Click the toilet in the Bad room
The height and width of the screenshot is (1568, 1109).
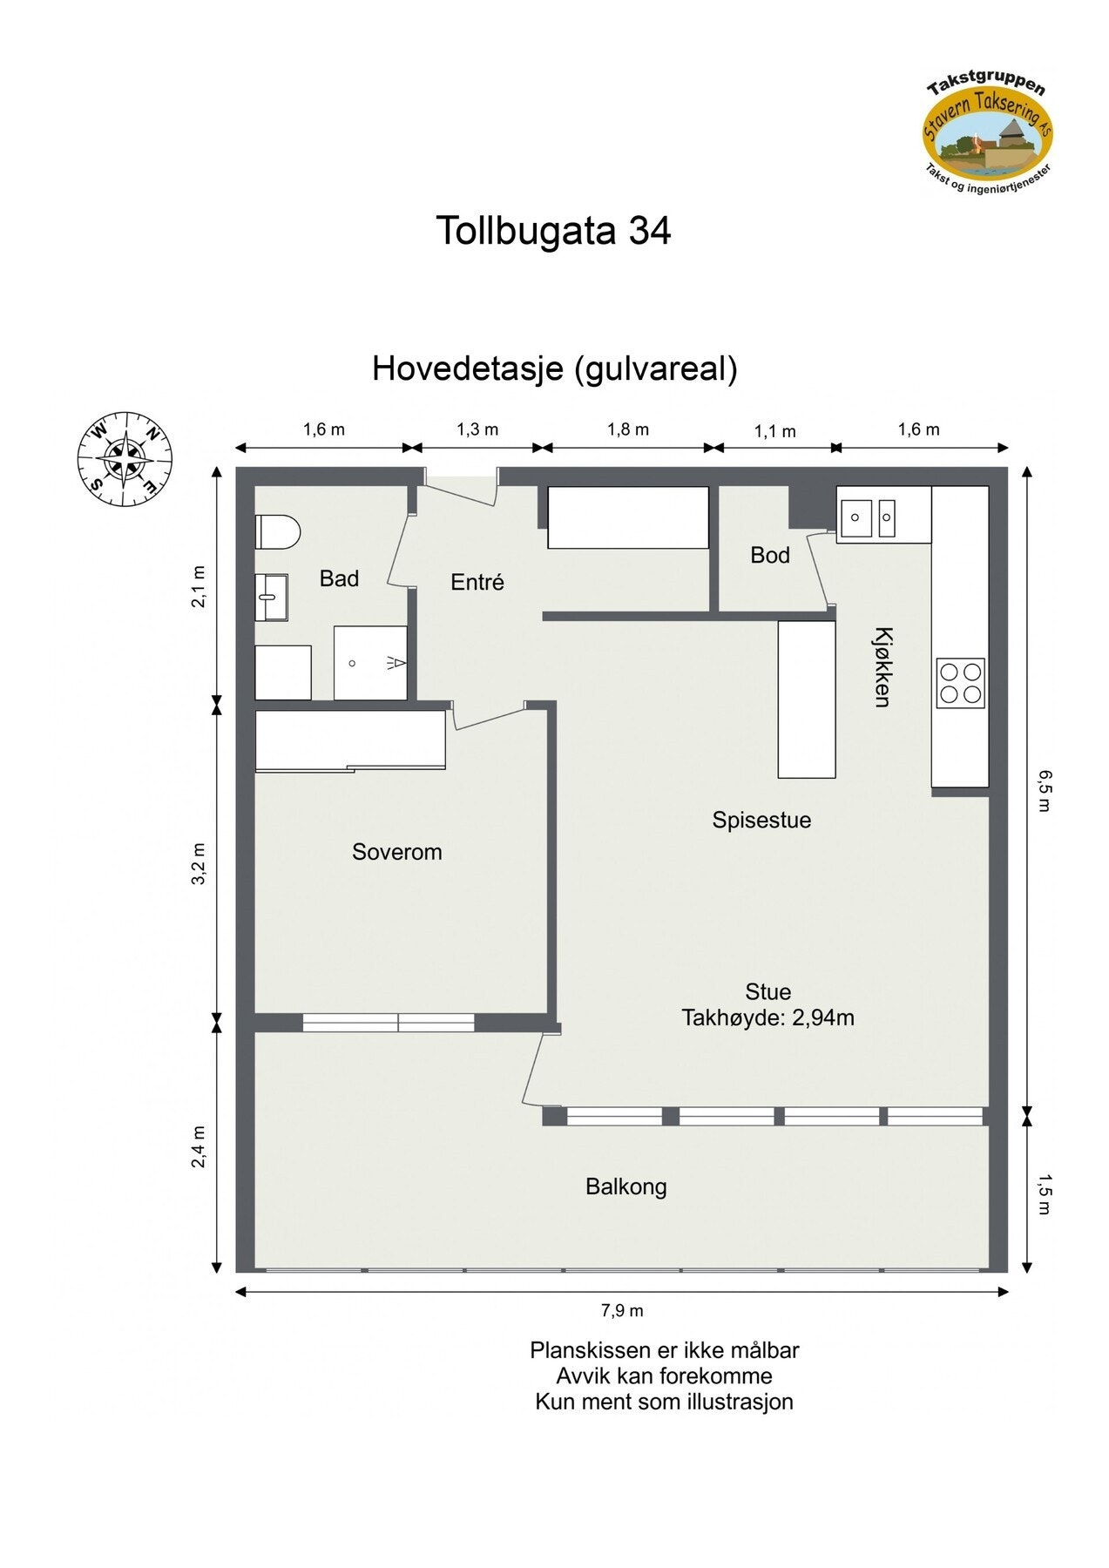pyautogui.click(x=278, y=531)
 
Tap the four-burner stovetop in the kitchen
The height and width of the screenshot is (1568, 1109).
pyautogui.click(x=960, y=683)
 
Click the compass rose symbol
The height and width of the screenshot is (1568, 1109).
pyautogui.click(x=125, y=459)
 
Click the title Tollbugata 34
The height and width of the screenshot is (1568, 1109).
pyautogui.click(x=553, y=231)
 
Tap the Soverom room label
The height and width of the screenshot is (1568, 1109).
pyautogui.click(x=396, y=852)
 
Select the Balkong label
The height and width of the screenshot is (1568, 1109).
pyautogui.click(x=626, y=1186)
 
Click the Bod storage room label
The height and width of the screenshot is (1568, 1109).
pyautogui.click(x=770, y=555)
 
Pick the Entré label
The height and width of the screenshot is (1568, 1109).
pyautogui.click(x=477, y=582)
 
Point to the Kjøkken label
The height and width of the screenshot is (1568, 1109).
pyautogui.click(x=882, y=666)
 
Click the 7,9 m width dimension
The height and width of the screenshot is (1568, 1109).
pyautogui.click(x=622, y=1310)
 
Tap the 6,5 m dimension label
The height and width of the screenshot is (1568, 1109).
pyautogui.click(x=1045, y=790)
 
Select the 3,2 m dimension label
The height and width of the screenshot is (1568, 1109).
pyautogui.click(x=199, y=863)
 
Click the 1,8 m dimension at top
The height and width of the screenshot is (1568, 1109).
pyautogui.click(x=627, y=429)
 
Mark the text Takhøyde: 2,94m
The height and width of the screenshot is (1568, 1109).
pyautogui.click(x=768, y=1017)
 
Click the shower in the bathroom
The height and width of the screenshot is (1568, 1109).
pyautogui.click(x=370, y=663)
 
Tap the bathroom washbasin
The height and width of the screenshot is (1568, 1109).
pyautogui.click(x=271, y=597)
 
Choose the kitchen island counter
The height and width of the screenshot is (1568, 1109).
pyautogui.click(x=806, y=699)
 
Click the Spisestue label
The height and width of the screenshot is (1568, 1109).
pyautogui.click(x=761, y=820)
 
